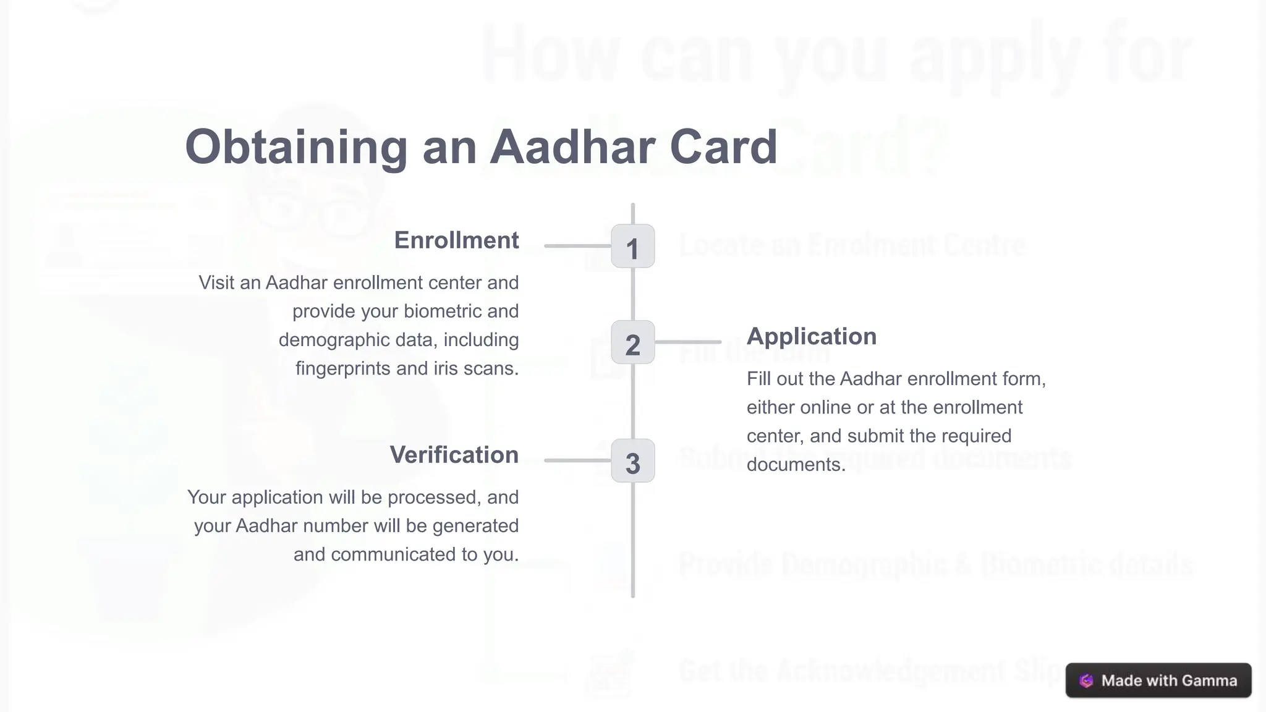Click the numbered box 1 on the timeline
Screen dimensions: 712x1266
pos(632,247)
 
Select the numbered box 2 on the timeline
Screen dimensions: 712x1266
pos(632,342)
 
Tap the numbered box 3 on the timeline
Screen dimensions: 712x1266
pos(632,461)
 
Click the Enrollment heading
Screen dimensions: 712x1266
pos(456,240)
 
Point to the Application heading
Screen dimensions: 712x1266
pos(811,336)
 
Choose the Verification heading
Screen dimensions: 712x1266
pos(454,455)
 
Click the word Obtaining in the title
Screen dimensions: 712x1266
pos(296,147)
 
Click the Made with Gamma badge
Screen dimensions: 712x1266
pos(1158,680)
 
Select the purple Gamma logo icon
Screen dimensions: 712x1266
pos(1086,681)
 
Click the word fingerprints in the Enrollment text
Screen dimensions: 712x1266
pos(343,368)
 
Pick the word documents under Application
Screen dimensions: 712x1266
pos(795,464)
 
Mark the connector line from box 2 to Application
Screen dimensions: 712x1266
pos(688,342)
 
